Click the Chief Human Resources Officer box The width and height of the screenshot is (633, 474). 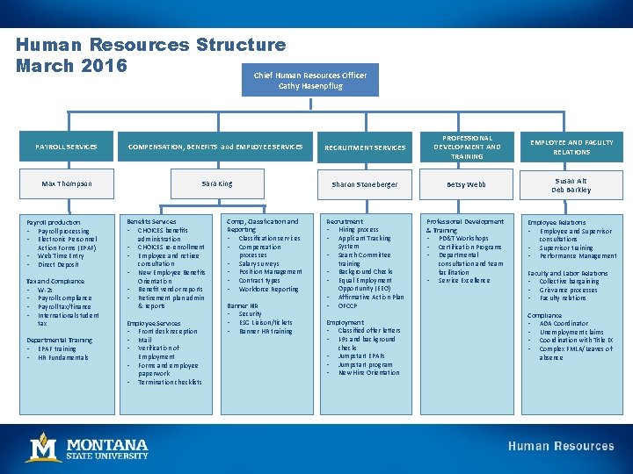310,80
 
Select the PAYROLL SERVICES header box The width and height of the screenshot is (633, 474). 66,147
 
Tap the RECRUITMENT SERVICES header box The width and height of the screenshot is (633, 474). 366,147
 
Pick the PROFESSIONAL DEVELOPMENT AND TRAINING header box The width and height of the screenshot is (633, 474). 467,147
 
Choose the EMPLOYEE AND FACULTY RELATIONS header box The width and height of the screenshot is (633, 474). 571,147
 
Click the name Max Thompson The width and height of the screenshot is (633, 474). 66,183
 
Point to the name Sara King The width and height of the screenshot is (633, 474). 216,183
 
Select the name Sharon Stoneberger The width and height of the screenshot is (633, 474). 365,184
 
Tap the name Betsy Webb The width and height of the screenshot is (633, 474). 467,184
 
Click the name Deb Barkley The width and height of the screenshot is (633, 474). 571,190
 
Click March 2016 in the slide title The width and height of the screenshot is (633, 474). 72,66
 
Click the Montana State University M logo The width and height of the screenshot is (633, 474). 43,447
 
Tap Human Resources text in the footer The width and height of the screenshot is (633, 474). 561,447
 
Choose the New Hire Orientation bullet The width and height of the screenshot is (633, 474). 368,373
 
